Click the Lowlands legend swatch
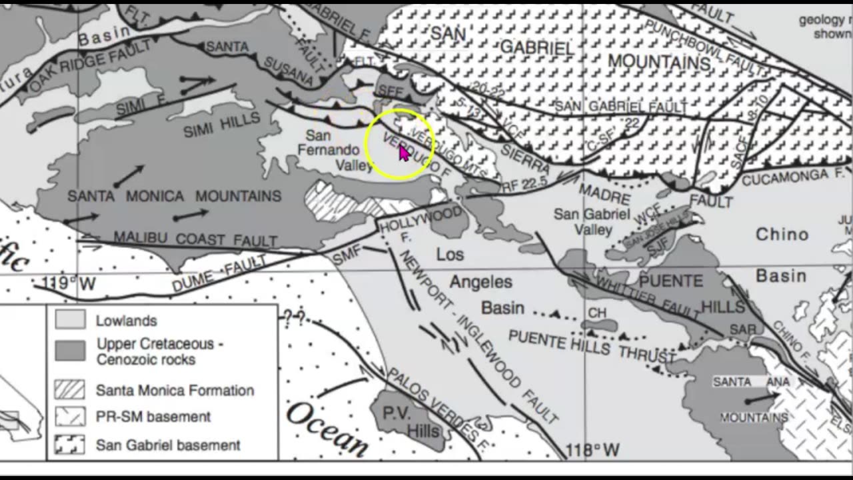point(70,320)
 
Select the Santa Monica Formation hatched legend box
point(70,390)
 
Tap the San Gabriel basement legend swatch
point(70,445)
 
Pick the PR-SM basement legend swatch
point(70,417)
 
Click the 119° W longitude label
point(69,284)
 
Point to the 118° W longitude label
point(592,451)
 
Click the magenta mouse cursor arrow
point(404,153)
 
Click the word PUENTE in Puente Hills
point(670,281)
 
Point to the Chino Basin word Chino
point(782,235)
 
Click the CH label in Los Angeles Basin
point(597,313)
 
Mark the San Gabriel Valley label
point(592,222)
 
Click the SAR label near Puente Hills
point(743,330)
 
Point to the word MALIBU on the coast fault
point(138,237)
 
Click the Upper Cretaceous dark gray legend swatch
point(70,351)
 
